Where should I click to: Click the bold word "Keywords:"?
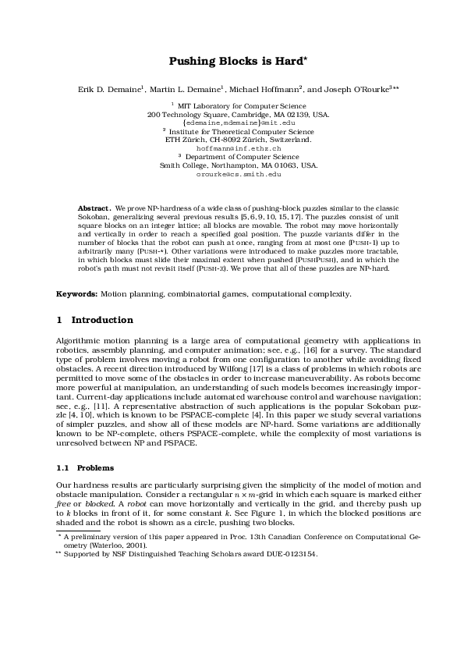click(x=76, y=293)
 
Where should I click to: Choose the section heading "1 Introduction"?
click(x=94, y=320)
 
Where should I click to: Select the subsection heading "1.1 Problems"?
click(x=85, y=467)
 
